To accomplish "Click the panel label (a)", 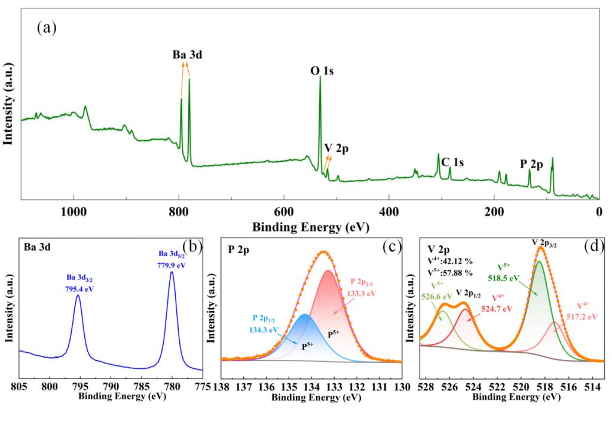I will coord(47,28).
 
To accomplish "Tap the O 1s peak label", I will coord(322,71).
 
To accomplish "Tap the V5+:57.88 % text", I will coord(450,273).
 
